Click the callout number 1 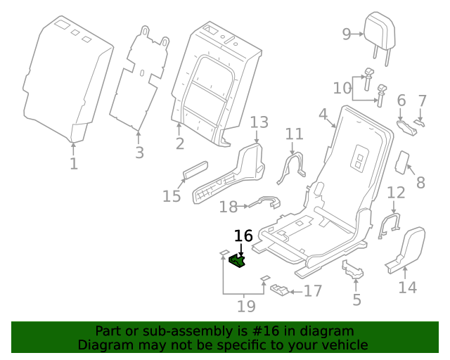(73, 164)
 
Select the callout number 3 (139, 153)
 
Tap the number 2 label (180, 144)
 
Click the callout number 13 (259, 123)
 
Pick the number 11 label (294, 134)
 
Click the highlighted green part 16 (238, 262)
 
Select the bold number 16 (243, 236)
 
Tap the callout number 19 (245, 306)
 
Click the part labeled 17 (280, 290)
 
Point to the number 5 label (356, 300)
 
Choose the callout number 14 (408, 287)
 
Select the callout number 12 (396, 193)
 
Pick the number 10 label (342, 88)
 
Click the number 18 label (228, 207)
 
